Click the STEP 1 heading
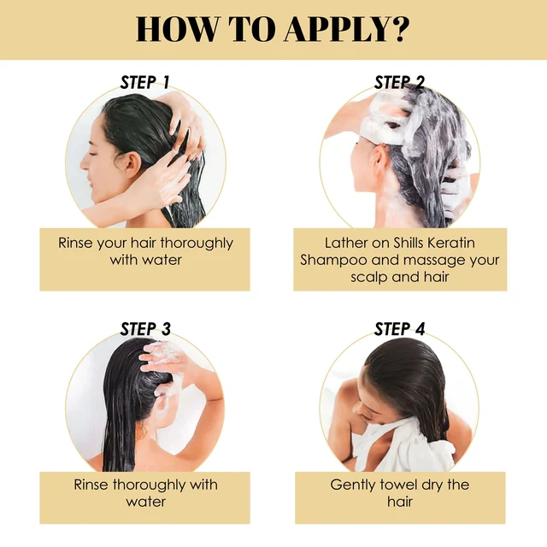tap(144, 82)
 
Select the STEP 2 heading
tap(399, 82)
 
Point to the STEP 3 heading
tap(145, 329)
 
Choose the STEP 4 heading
tap(399, 329)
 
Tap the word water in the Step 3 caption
tap(146, 502)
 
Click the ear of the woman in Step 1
tap(133, 164)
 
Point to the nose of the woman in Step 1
tap(84, 163)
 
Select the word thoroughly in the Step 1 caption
tap(197, 244)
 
